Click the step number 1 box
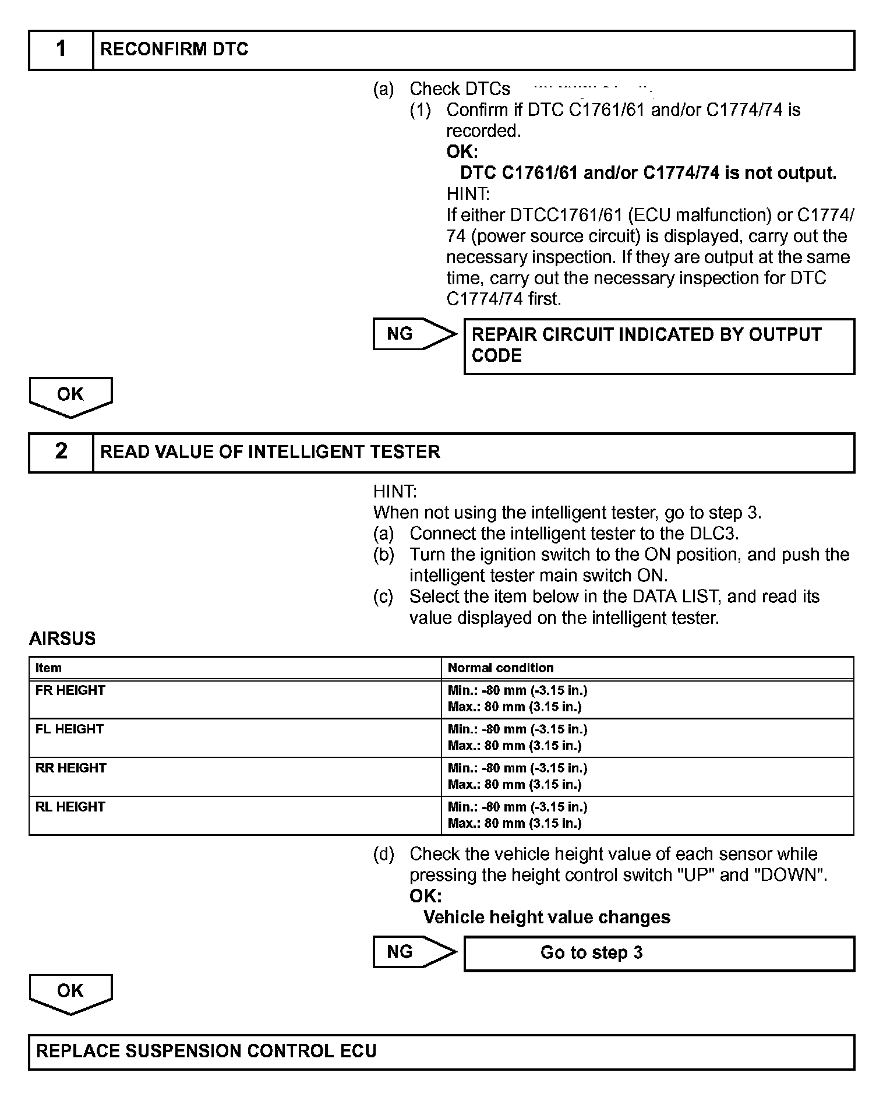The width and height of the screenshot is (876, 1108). (x=61, y=50)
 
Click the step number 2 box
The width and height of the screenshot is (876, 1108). (x=61, y=452)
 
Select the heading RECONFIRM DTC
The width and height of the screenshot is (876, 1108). (x=174, y=50)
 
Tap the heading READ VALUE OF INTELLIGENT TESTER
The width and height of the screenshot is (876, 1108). (x=270, y=452)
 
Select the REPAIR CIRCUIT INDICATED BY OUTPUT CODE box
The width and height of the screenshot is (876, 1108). (x=659, y=345)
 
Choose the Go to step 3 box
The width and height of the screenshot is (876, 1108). (x=659, y=953)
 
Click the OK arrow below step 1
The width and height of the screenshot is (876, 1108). (x=70, y=396)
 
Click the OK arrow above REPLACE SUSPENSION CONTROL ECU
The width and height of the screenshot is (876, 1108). (x=70, y=993)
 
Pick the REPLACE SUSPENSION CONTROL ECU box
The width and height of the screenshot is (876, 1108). (x=441, y=1051)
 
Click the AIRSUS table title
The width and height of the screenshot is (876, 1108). (x=62, y=638)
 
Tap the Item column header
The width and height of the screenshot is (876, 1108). (x=48, y=668)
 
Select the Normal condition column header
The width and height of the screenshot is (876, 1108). (x=500, y=668)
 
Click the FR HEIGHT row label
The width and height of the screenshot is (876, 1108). (x=70, y=690)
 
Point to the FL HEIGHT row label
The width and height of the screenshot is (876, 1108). (x=69, y=729)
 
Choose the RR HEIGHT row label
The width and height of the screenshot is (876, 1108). (x=71, y=768)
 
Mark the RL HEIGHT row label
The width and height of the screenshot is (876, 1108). (x=70, y=807)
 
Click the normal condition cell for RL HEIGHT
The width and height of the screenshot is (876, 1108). (x=517, y=815)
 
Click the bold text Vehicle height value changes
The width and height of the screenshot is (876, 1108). (x=547, y=918)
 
